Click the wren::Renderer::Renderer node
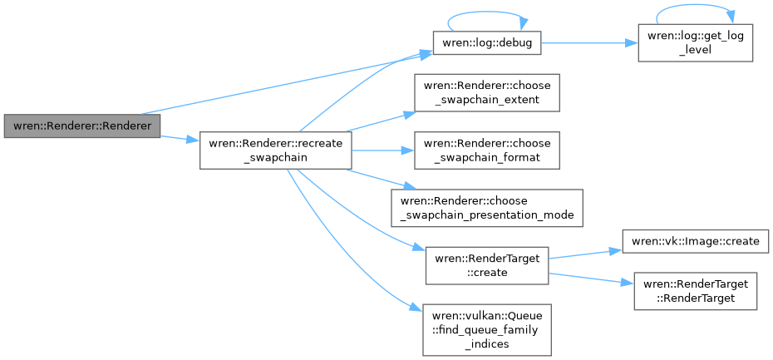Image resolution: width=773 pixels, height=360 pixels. click(81, 126)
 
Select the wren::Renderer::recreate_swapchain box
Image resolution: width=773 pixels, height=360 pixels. click(275, 150)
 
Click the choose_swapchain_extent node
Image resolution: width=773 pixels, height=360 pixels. click(486, 93)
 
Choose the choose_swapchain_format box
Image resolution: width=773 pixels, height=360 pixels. click(486, 150)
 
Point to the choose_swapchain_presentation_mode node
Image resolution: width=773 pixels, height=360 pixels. click(486, 208)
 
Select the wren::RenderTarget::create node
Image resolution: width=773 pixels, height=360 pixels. click(486, 265)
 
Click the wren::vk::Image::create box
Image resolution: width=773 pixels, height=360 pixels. click(695, 241)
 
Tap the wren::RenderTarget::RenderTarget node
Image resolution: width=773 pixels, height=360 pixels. click(695, 291)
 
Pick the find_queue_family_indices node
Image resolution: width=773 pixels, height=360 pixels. click(486, 331)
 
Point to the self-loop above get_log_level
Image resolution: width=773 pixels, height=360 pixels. click(695, 11)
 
